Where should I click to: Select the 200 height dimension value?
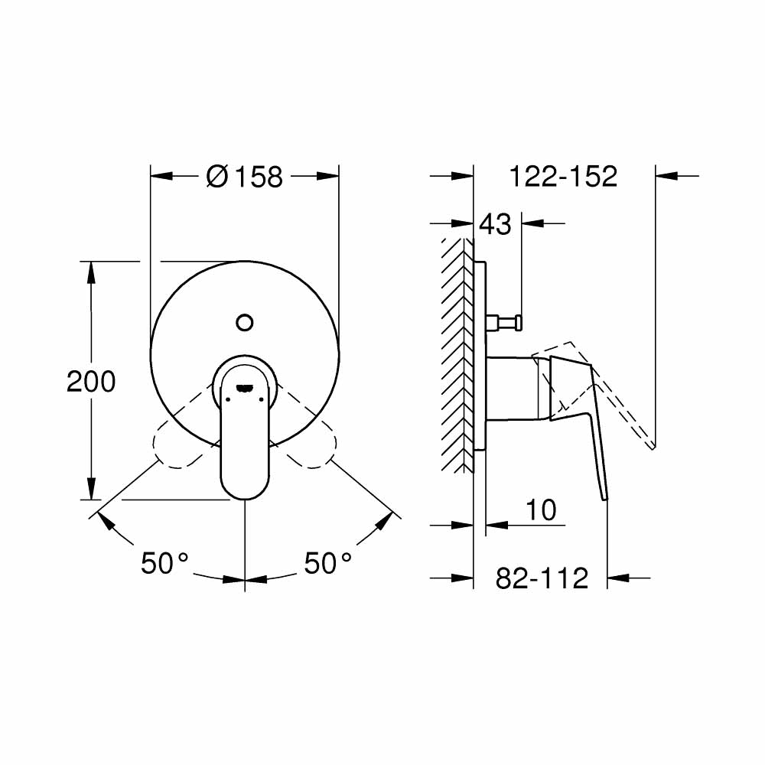pos(91,381)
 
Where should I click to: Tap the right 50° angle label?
pos(328,564)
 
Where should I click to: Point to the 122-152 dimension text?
pos(564,177)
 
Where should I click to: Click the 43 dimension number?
pos(494,225)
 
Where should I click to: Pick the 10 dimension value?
pos(542,509)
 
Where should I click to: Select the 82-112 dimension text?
pos(542,578)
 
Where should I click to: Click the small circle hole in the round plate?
pos(245,322)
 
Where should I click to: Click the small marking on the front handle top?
pos(245,387)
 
